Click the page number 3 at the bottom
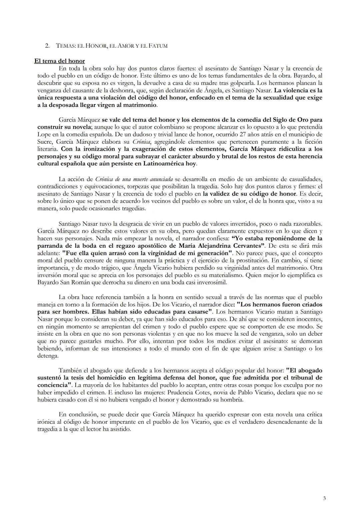(324, 498)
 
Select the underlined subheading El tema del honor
(60, 61)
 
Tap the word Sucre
(45, 141)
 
